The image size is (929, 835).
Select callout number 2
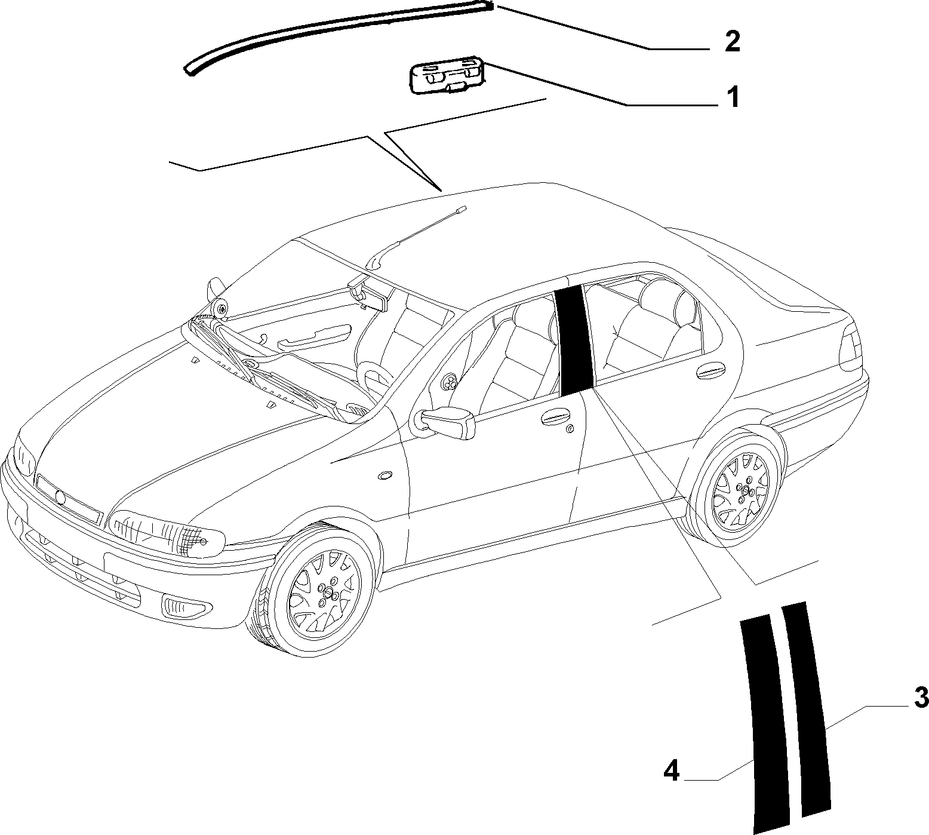(x=732, y=42)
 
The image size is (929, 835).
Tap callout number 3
(x=920, y=698)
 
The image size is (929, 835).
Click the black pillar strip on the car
(x=573, y=340)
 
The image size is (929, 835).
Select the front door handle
(x=555, y=419)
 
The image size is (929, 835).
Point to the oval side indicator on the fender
(x=386, y=475)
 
